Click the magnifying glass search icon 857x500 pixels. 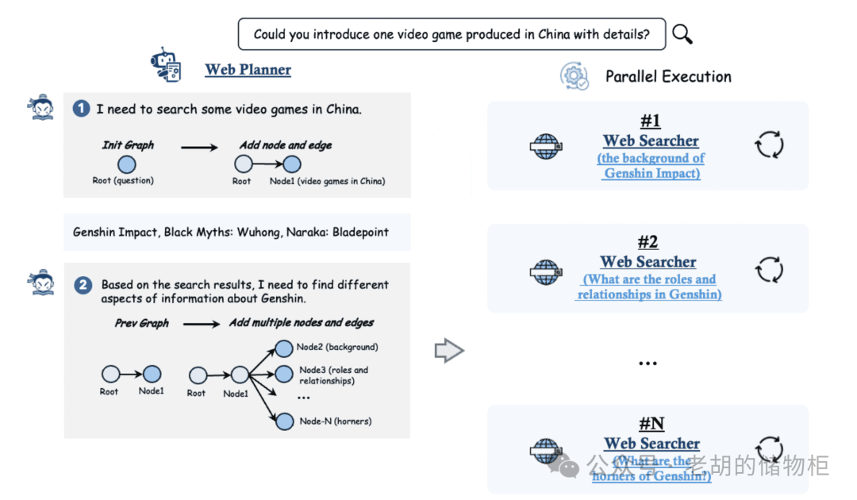[682, 34]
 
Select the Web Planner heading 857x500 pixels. [248, 70]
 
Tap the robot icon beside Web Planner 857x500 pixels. [166, 67]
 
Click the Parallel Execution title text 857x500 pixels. [668, 77]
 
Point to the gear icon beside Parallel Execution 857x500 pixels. [574, 75]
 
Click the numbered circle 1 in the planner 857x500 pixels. [81, 109]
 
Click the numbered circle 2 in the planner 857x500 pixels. [83, 285]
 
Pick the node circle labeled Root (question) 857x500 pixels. [126, 165]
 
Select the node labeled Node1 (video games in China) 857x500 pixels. [292, 165]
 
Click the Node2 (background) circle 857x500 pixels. [284, 348]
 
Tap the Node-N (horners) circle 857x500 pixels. [284, 421]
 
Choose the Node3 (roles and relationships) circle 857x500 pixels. [284, 374]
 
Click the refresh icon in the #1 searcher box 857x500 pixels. [768, 145]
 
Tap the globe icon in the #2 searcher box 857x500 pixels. [545, 271]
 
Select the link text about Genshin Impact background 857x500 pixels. [651, 166]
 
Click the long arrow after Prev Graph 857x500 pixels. [202, 324]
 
